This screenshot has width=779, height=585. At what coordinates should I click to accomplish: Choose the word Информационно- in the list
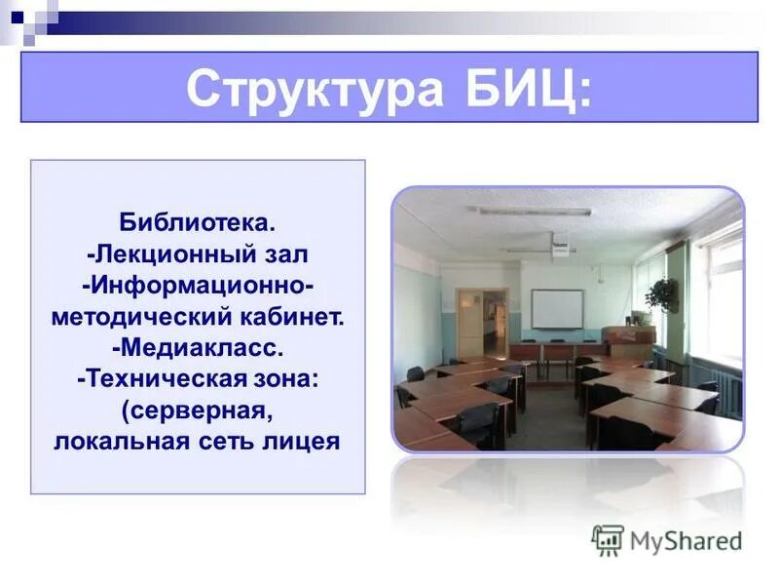pos(199,287)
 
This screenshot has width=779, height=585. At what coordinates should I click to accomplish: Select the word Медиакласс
pos(198,348)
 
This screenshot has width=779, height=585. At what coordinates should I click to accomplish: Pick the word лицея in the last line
pos(303,441)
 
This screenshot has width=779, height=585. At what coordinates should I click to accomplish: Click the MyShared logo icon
pos(608,540)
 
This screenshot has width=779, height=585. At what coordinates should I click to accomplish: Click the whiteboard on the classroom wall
pos(557,308)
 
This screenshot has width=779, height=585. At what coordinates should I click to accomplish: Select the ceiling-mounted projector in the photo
pos(560,248)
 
